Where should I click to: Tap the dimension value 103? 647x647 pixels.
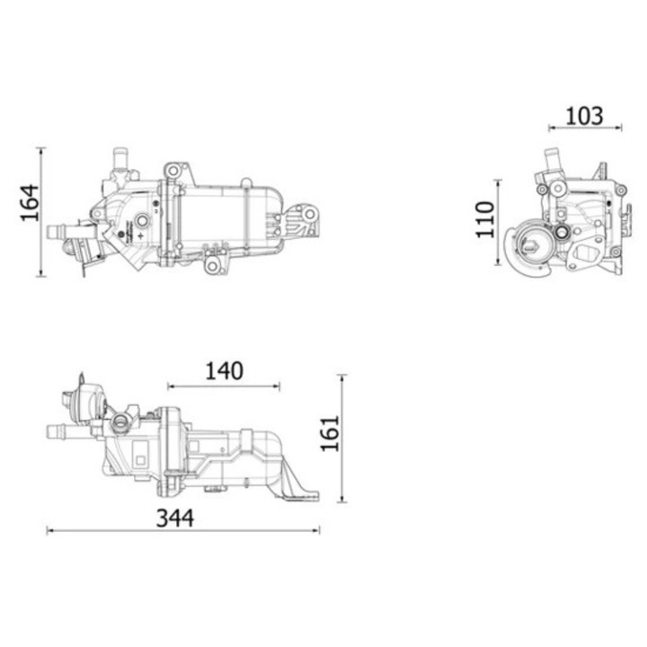584,116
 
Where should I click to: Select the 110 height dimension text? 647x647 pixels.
485,219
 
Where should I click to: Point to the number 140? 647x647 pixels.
223,370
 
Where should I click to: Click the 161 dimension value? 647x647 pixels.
330,433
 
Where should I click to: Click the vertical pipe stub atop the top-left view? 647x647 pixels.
119,162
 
